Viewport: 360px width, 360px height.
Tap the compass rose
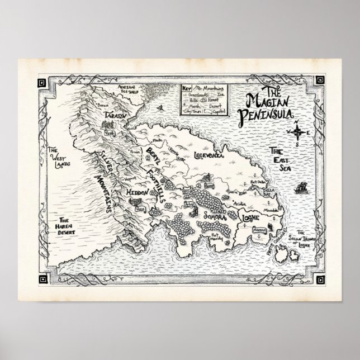tap(298, 132)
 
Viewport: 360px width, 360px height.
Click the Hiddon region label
tap(136, 192)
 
